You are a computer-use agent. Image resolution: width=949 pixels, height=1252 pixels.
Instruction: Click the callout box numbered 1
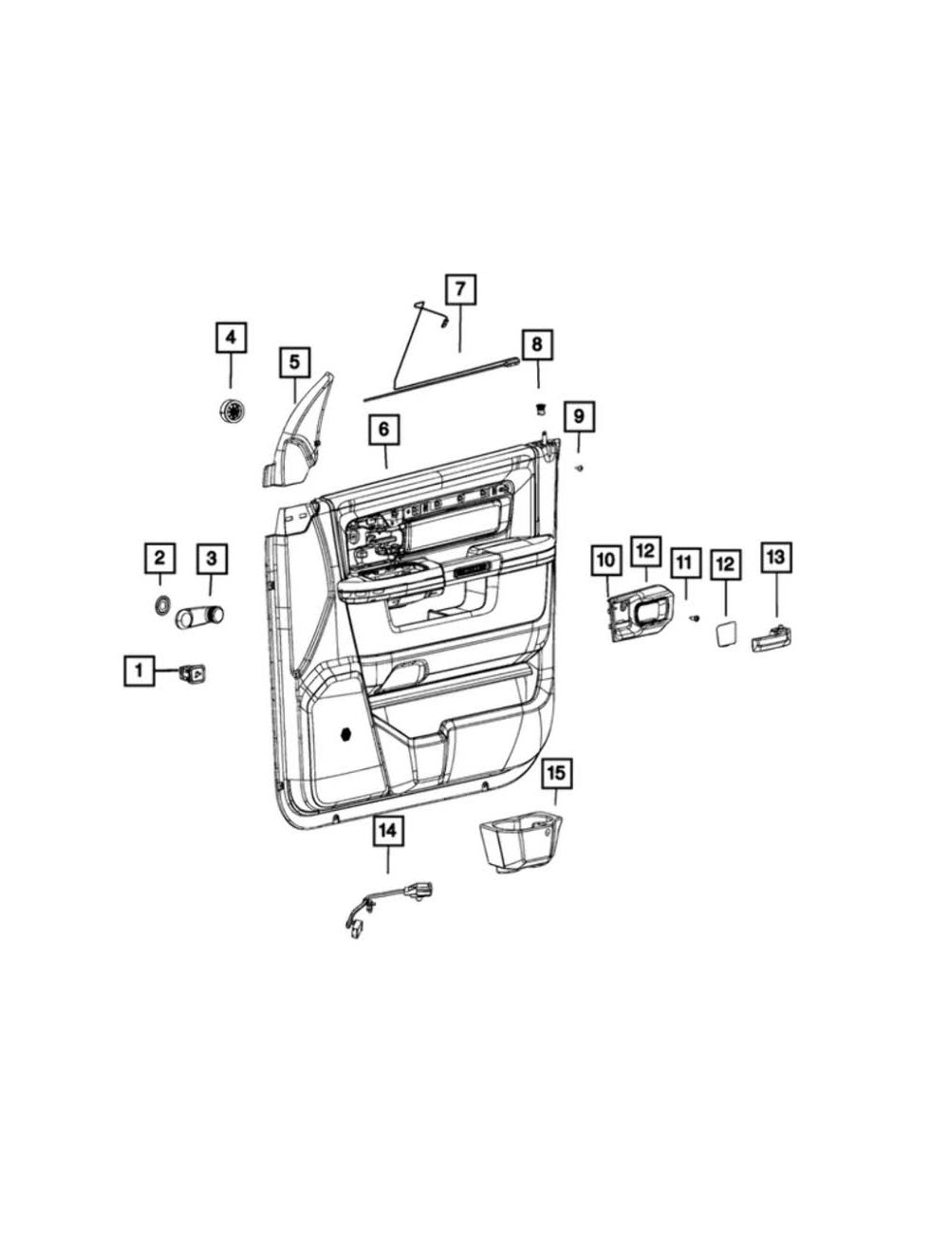(x=140, y=671)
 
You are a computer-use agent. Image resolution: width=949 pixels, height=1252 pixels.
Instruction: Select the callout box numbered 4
(x=231, y=338)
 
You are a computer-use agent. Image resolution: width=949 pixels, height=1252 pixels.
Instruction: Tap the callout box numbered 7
(x=460, y=289)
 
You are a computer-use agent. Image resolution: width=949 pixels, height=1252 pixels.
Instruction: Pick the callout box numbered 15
(x=556, y=773)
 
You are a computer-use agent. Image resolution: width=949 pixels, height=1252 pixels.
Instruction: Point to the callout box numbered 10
(x=606, y=562)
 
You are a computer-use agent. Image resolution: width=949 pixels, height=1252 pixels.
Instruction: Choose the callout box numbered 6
(x=383, y=430)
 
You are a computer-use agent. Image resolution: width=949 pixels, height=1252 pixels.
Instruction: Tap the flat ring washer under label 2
(x=161, y=604)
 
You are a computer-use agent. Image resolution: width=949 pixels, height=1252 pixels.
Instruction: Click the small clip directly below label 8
(x=539, y=409)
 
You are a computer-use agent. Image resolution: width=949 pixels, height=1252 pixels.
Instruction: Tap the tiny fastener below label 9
(x=579, y=468)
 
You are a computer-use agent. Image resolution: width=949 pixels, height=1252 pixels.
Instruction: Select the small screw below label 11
(x=695, y=618)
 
